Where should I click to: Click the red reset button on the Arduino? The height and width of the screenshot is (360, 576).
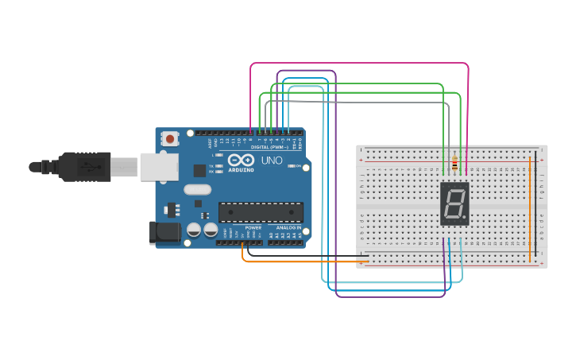pyautogui.click(x=170, y=139)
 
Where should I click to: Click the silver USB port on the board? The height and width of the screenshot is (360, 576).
pyautogui.click(x=159, y=167)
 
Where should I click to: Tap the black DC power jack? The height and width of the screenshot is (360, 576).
pyautogui.click(x=164, y=232)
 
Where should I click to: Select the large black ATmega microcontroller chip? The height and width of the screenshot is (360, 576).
pyautogui.click(x=261, y=212)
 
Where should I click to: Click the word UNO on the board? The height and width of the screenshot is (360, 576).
pyautogui.click(x=272, y=160)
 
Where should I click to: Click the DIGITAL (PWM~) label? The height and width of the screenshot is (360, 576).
pyautogui.click(x=269, y=147)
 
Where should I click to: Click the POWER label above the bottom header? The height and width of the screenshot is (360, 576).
pyautogui.click(x=253, y=227)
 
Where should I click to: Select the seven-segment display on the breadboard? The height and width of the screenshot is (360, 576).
pyautogui.click(x=454, y=203)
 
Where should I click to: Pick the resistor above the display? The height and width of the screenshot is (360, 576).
pyautogui.click(x=454, y=165)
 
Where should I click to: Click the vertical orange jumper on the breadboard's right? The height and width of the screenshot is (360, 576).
pyautogui.click(x=530, y=207)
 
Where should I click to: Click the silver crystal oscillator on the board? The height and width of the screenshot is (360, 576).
pyautogui.click(x=197, y=189)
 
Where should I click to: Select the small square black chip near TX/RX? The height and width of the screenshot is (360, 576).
pyautogui.click(x=199, y=170)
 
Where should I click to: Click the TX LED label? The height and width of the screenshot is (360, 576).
pyautogui.click(x=211, y=165)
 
